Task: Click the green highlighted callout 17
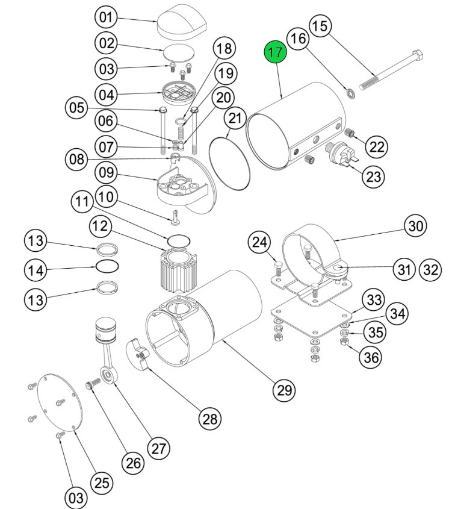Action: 275,52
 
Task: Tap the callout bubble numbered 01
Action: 106,17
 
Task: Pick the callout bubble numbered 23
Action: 374,176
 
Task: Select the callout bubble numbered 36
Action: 370,357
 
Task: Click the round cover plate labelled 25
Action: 58,404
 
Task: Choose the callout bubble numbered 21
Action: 234,117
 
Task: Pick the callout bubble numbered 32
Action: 432,269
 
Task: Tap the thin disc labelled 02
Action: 179,51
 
